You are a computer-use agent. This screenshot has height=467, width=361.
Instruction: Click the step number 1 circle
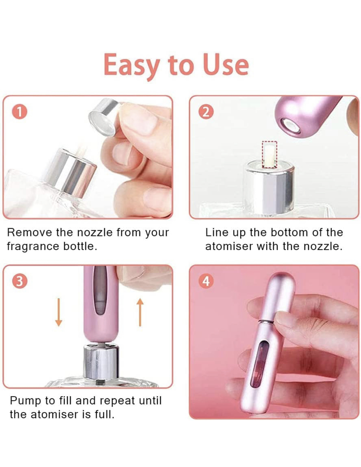19,112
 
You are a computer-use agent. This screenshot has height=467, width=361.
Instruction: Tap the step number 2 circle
206,112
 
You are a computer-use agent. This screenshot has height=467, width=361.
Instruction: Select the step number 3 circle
19,281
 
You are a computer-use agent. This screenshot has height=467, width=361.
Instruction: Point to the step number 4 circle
206,281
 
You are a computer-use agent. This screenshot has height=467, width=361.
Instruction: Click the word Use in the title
226,65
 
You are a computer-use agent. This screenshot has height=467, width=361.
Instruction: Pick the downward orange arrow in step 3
59,312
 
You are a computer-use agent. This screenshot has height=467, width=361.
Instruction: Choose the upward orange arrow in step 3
140,312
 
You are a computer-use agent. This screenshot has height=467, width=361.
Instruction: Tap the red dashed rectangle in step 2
269,154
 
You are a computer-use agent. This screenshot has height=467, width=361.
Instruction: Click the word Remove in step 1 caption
29,232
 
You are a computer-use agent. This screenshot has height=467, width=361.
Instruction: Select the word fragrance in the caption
33,247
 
